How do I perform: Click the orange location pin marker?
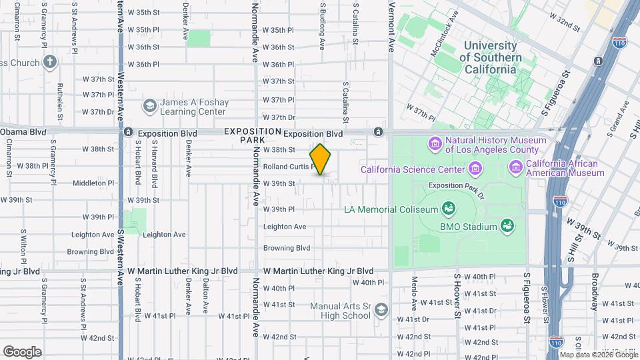321,159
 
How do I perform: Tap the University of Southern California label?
490,57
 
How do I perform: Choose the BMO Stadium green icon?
507,227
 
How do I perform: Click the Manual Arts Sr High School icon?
381,311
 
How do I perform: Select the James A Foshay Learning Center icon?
149,107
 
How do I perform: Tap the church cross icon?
49,63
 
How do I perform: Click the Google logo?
22,351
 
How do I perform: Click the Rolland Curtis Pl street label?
287,167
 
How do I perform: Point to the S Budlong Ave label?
322,25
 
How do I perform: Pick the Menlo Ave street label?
414,293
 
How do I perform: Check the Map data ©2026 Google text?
597,355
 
